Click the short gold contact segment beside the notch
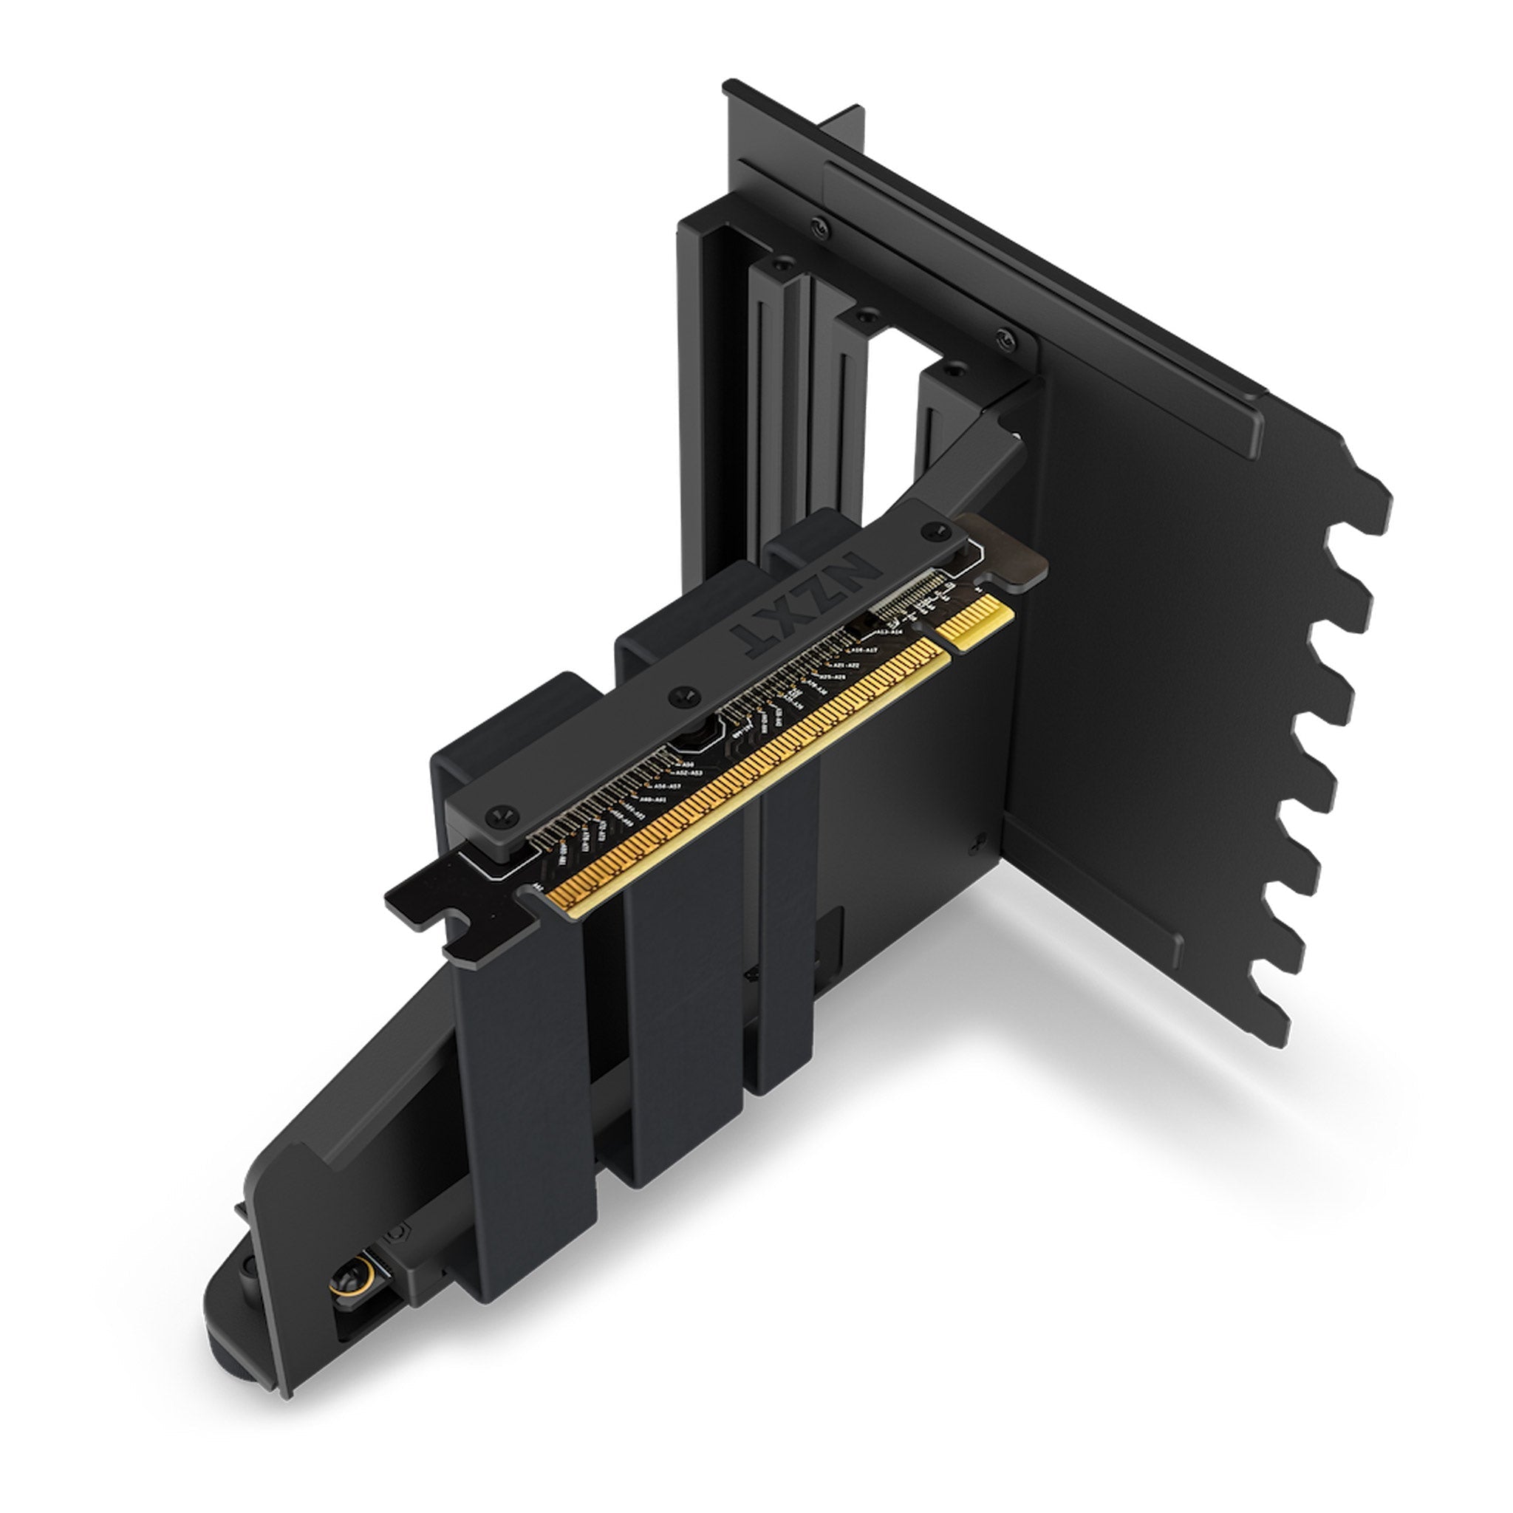point(980,621)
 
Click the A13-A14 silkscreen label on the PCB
point(889,631)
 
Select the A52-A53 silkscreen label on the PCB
point(689,773)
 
